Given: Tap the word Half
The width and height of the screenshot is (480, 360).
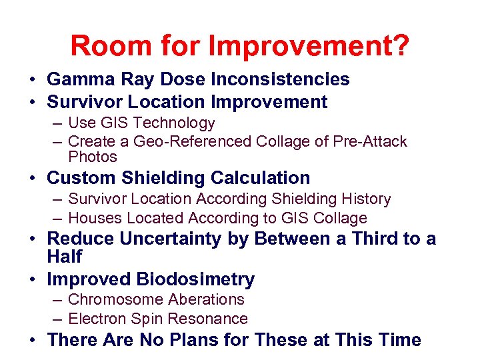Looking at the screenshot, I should click(65, 257).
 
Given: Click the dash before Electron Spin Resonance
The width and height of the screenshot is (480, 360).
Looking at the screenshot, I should click(58, 319).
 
